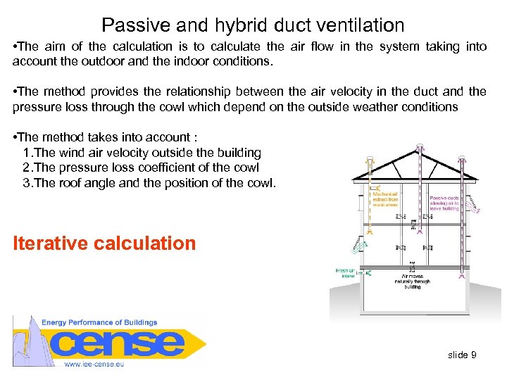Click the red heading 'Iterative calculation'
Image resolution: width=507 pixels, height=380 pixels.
104,243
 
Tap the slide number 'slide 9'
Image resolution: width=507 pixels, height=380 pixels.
462,355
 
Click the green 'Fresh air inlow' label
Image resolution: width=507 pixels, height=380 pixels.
344,273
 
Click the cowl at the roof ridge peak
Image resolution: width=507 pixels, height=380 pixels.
420,148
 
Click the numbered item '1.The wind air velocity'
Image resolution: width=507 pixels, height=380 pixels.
142,153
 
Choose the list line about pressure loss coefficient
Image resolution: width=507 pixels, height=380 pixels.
141,167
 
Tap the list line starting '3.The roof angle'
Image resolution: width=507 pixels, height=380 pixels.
149,183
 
